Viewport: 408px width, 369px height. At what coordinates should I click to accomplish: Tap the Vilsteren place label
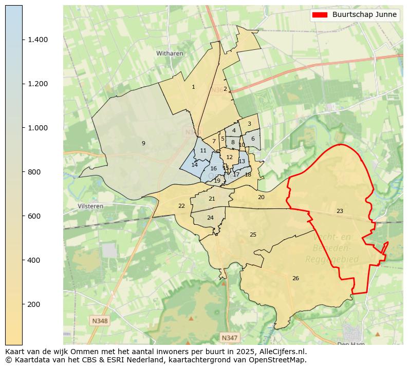[x=90, y=206]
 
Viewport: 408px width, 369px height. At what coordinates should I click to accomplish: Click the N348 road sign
[x=100, y=321]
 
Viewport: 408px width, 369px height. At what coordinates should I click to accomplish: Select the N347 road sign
[x=229, y=338]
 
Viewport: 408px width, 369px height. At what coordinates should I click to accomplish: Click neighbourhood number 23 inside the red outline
[x=340, y=211]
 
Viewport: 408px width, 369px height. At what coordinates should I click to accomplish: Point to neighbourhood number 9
[x=143, y=143]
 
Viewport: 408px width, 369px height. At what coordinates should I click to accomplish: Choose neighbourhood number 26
[x=295, y=278]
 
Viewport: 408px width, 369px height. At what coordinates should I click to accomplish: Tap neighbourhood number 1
[x=193, y=87]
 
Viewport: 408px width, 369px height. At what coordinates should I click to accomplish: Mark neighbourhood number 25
[x=253, y=235]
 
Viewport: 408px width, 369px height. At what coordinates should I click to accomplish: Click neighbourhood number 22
[x=181, y=206]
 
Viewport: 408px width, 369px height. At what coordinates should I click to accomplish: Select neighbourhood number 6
[x=253, y=139]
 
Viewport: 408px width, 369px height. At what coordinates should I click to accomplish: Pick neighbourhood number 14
[x=194, y=165]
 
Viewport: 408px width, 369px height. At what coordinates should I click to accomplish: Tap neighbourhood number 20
[x=261, y=197]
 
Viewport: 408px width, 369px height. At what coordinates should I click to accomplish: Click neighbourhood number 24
[x=210, y=218]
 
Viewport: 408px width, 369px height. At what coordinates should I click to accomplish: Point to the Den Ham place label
[x=351, y=344]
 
